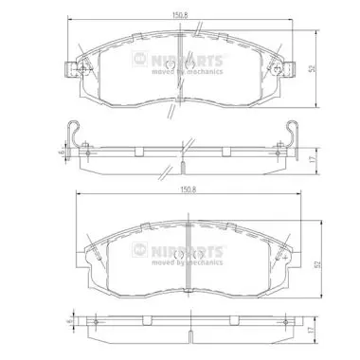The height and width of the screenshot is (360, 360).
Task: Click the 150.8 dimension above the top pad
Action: (x=180, y=15)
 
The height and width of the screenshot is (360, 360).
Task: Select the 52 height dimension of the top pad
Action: (x=313, y=68)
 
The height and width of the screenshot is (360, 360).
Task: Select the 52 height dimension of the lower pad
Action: (x=318, y=264)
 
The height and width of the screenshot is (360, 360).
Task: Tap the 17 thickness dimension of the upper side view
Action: (x=313, y=160)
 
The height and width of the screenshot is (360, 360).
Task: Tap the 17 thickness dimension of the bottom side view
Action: (x=311, y=330)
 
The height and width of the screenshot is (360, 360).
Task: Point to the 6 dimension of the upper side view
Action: (x=63, y=152)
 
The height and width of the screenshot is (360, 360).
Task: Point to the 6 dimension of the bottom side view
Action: (x=67, y=321)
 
